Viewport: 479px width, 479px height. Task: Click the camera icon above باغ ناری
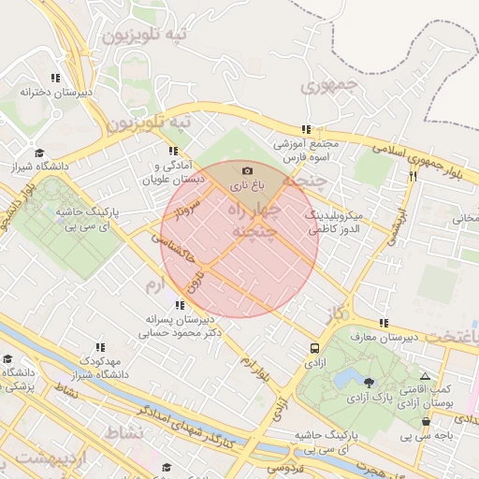click(x=247, y=170)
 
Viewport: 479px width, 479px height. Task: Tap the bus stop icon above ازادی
click(x=313, y=348)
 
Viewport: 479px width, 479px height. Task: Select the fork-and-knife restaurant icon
click(x=413, y=175)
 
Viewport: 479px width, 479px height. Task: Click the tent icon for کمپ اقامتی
click(x=426, y=375)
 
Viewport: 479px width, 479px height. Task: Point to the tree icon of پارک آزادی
click(x=369, y=382)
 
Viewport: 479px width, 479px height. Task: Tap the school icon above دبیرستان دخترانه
click(x=55, y=78)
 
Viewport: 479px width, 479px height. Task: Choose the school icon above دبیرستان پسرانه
click(x=179, y=305)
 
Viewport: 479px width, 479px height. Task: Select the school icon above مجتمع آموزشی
click(x=306, y=130)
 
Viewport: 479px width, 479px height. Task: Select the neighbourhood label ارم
click(x=155, y=281)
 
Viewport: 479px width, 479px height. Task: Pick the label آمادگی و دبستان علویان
click(x=172, y=172)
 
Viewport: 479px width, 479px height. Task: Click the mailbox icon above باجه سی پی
click(x=426, y=421)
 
